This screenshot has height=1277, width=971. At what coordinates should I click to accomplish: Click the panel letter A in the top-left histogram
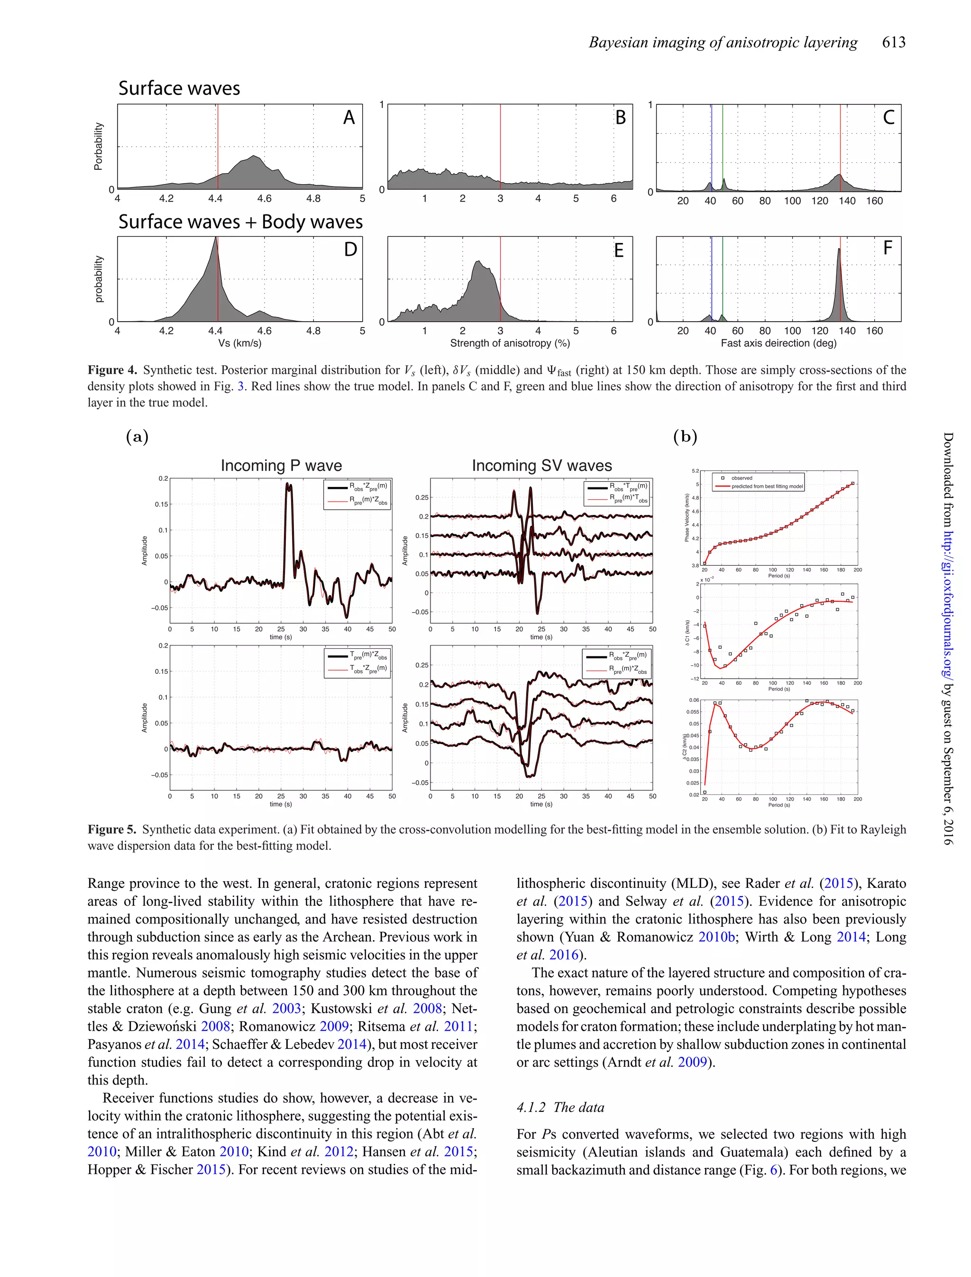tap(348, 118)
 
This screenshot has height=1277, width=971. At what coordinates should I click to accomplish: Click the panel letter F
tap(888, 249)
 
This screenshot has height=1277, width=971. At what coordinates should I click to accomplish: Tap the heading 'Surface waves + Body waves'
tap(240, 222)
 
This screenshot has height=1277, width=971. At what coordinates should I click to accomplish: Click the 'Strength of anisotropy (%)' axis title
tap(510, 344)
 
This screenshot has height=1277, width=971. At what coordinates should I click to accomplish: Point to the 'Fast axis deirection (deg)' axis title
tap(778, 344)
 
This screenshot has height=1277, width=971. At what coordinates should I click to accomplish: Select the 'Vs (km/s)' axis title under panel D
tap(239, 344)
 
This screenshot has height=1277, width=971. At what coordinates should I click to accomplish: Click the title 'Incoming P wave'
tap(281, 466)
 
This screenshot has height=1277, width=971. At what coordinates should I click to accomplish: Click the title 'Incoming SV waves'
tap(541, 466)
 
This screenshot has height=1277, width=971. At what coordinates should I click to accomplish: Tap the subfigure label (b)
tap(685, 437)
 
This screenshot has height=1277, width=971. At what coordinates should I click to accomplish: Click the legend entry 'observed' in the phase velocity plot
tap(742, 478)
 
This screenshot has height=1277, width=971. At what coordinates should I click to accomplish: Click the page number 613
tap(894, 42)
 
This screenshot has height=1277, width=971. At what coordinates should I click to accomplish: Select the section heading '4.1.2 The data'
tap(560, 1107)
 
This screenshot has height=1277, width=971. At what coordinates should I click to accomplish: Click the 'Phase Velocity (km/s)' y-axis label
tap(687, 518)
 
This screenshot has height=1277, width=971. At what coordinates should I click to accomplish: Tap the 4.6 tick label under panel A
tap(264, 198)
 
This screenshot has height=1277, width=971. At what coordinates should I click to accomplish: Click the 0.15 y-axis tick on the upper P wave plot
tap(161, 504)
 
